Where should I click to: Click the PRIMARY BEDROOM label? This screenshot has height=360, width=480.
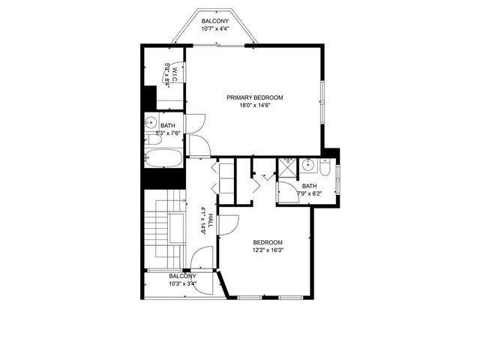(255, 97)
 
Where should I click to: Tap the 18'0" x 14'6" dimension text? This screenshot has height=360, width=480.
(255, 106)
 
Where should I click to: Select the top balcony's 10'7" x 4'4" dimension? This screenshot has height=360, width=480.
(215, 28)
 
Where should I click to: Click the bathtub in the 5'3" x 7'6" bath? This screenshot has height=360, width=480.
(163, 158)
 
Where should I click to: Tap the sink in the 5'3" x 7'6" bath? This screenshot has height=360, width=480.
(151, 122)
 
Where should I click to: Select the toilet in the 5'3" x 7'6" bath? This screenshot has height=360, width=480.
(152, 139)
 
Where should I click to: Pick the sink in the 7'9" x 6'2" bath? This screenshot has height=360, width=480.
(307, 165)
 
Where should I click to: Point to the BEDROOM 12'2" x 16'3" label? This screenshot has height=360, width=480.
(267, 241)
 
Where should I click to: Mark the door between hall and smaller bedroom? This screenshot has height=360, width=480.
(229, 223)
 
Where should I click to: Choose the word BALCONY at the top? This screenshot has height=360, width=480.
(215, 21)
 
